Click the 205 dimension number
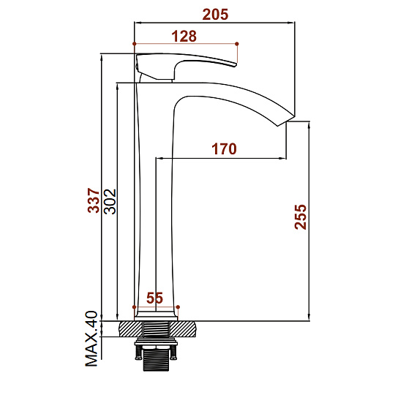click(215, 15)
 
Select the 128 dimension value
click(184, 37)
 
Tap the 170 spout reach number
click(225, 148)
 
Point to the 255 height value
click(301, 217)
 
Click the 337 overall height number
click(94, 200)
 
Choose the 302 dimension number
click(110, 202)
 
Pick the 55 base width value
click(154, 298)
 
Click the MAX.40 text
click(91, 339)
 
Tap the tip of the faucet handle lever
click(236, 65)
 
